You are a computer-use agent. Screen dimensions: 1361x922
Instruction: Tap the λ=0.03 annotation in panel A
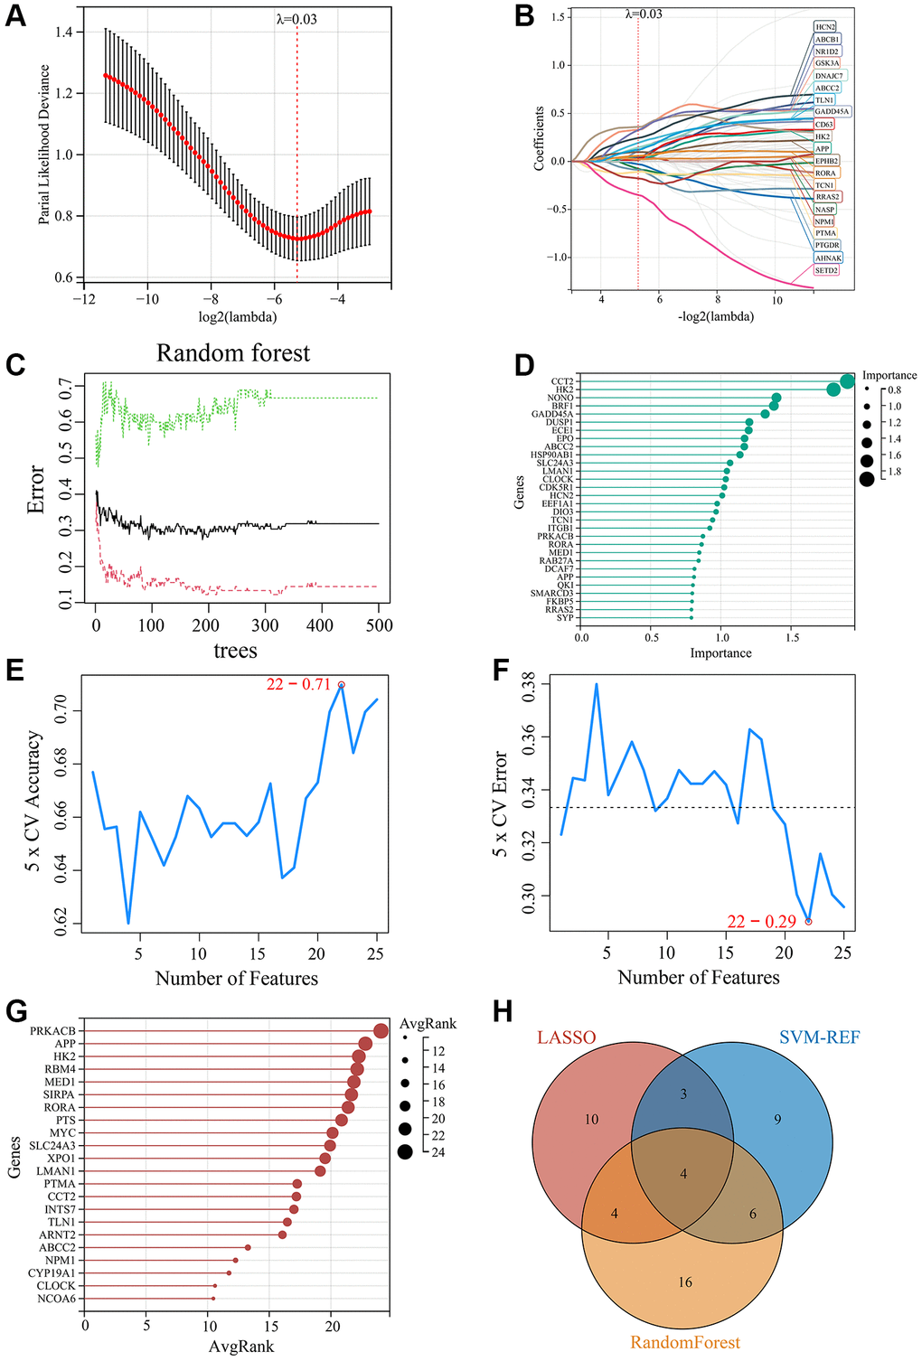tap(296, 18)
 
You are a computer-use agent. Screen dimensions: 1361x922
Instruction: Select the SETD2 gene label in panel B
tap(826, 270)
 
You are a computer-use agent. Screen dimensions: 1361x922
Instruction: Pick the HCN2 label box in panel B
tap(824, 27)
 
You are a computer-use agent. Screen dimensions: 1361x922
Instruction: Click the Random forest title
tap(233, 353)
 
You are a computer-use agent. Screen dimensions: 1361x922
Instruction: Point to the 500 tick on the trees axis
tap(379, 624)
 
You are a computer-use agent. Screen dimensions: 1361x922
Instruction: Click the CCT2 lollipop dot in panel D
tap(847, 381)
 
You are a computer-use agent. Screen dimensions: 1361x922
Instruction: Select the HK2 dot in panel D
tap(833, 390)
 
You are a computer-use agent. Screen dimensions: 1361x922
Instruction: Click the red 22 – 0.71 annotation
tap(298, 684)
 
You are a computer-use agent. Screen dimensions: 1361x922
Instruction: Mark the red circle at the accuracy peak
tap(341, 685)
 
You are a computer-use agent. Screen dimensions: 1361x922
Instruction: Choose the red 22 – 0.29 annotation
tap(761, 922)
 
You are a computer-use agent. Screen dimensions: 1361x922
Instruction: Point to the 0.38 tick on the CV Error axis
tap(530, 685)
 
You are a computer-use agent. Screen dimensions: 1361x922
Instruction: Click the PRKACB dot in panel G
tap(381, 1030)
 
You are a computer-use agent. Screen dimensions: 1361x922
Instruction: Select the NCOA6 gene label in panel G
tap(56, 1299)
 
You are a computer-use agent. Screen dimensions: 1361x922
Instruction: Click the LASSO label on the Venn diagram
tap(567, 1037)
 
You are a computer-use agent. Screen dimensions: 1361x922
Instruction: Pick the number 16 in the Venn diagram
tap(685, 1281)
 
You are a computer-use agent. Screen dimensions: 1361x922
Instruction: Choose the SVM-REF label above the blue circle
tap(819, 1037)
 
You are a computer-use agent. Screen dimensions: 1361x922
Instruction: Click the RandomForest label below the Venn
tap(685, 1342)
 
